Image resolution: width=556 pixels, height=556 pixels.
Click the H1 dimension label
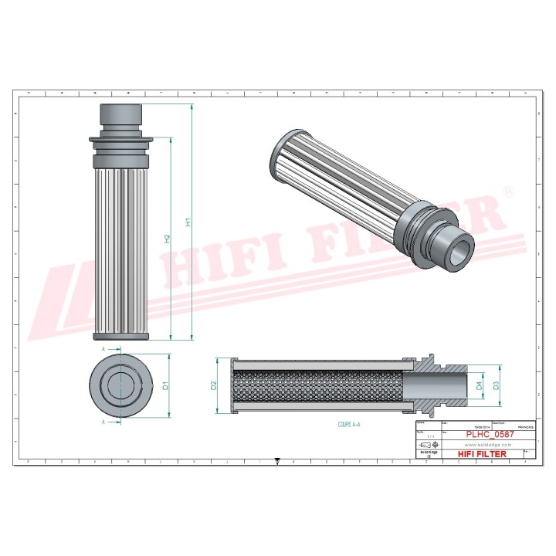188,222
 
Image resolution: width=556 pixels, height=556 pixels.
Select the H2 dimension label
167,239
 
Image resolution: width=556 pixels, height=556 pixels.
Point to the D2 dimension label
214,385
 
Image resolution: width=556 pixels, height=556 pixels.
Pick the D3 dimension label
497,384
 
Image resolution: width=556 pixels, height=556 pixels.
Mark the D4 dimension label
479,384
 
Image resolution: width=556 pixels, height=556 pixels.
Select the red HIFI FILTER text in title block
483,454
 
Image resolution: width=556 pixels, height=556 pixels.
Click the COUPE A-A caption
349,425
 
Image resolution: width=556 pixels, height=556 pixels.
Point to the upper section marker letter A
103,349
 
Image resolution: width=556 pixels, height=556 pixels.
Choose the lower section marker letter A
103,422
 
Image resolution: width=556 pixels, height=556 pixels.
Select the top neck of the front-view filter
121,116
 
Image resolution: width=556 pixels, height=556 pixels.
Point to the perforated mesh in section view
317,385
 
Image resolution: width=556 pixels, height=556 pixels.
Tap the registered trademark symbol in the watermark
508,190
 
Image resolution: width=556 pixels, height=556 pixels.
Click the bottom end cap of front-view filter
121,336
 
